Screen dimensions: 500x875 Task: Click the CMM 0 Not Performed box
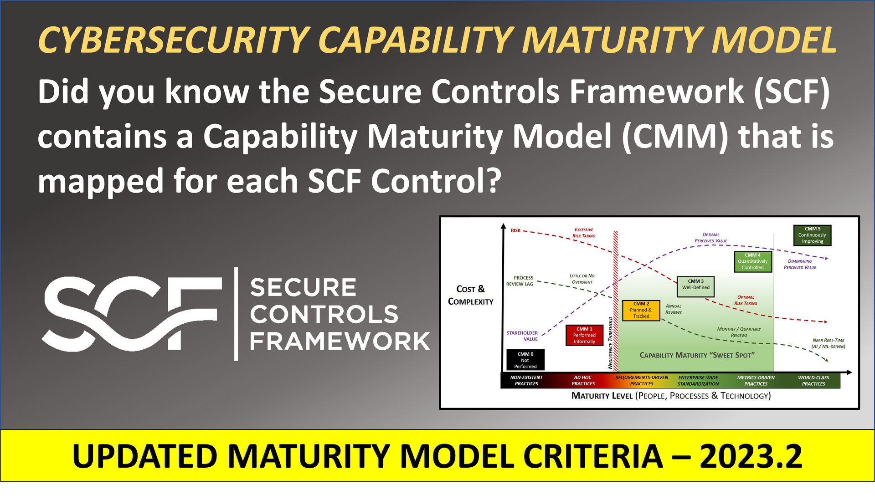click(x=525, y=360)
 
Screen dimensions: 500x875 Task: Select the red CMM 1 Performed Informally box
click(x=584, y=335)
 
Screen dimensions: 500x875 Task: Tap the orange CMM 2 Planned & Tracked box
click(x=641, y=310)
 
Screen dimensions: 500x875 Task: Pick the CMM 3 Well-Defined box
click(x=695, y=287)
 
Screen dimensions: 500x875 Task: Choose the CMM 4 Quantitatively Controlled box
click(x=753, y=262)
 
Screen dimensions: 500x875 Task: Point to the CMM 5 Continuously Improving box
click(x=812, y=235)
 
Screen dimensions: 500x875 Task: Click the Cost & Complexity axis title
click(x=470, y=295)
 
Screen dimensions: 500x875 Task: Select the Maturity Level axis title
click(x=671, y=396)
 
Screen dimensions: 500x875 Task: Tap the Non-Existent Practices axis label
click(x=526, y=381)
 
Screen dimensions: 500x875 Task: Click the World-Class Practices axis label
click(x=813, y=381)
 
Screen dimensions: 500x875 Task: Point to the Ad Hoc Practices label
click(x=583, y=381)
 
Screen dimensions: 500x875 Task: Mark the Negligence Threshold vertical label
click(x=611, y=342)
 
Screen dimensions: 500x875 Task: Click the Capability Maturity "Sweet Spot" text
click(x=697, y=355)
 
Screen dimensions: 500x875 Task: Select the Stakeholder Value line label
click(x=523, y=336)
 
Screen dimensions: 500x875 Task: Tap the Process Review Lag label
click(x=520, y=281)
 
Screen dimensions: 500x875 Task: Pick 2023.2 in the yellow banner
click(x=751, y=456)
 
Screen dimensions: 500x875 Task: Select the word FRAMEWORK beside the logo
click(x=340, y=341)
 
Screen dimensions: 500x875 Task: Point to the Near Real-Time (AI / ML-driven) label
click(x=828, y=343)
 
